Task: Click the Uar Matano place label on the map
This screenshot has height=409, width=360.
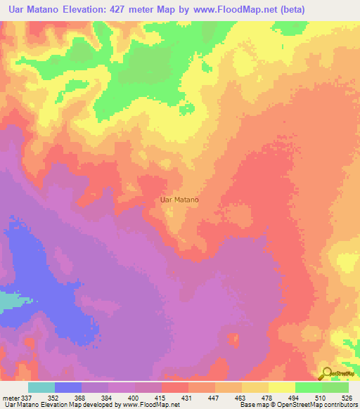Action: [180, 200]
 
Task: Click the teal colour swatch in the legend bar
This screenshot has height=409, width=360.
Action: [41, 387]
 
